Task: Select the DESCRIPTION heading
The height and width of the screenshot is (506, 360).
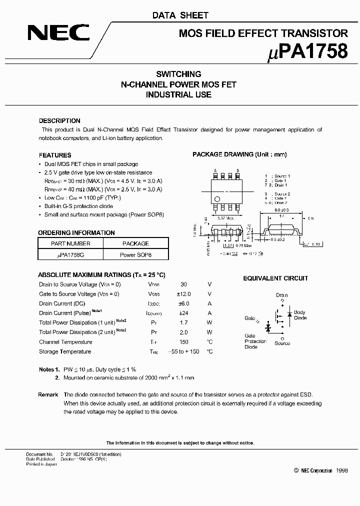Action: tap(59, 121)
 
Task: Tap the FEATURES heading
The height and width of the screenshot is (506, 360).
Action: tap(55, 155)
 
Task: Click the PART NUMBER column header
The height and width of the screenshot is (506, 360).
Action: tap(70, 243)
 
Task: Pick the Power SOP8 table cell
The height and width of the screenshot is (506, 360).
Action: tap(135, 254)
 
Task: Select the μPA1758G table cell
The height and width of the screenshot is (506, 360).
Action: tap(70, 254)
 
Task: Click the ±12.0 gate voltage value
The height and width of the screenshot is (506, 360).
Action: tap(183, 294)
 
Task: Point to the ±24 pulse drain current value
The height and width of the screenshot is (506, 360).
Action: tap(183, 313)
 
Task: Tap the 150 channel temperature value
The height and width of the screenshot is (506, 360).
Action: tap(183, 342)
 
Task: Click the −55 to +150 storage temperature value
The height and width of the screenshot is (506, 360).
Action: tap(183, 351)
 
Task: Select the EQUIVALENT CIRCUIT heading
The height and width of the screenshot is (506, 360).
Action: tap(275, 278)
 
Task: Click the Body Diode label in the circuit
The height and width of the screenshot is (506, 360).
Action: tap(300, 315)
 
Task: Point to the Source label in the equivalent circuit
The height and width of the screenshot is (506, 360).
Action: tap(282, 343)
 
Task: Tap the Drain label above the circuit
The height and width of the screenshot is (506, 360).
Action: tap(281, 295)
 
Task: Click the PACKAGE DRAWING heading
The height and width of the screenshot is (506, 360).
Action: tap(239, 154)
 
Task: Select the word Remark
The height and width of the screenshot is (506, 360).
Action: tap(48, 394)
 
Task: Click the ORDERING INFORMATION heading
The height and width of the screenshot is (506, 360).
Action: tap(76, 232)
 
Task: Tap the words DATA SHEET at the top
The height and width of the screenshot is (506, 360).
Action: tap(180, 15)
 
